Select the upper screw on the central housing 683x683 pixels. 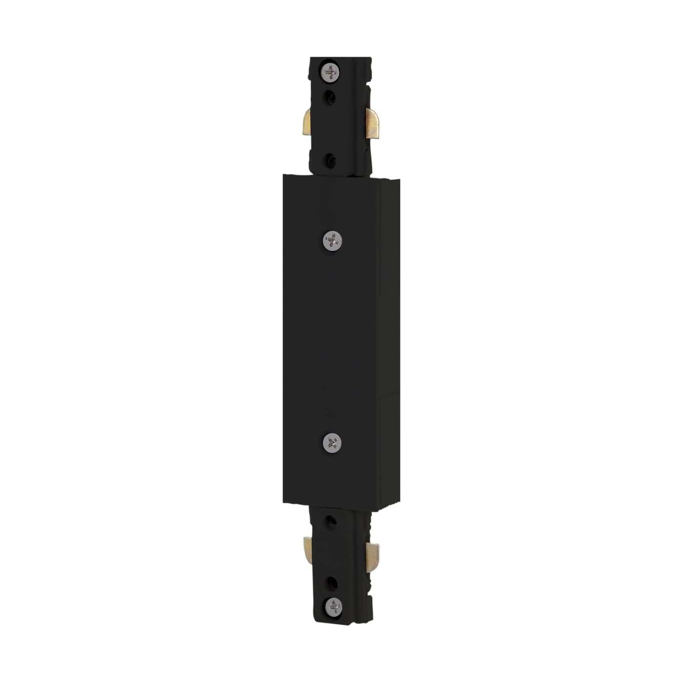[x=333, y=240]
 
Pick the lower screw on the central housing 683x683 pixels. [x=332, y=442]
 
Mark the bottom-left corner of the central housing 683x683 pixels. [x=283, y=502]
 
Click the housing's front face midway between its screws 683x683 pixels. [x=332, y=341]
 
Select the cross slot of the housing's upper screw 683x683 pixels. [x=333, y=240]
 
